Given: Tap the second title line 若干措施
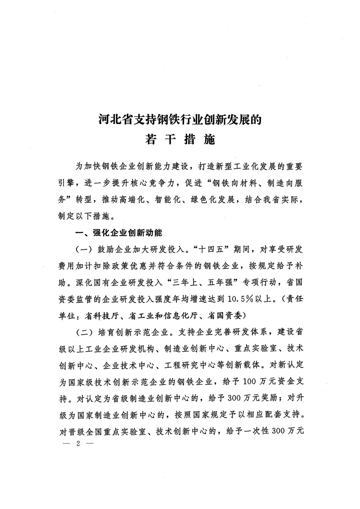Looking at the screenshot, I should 180,140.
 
